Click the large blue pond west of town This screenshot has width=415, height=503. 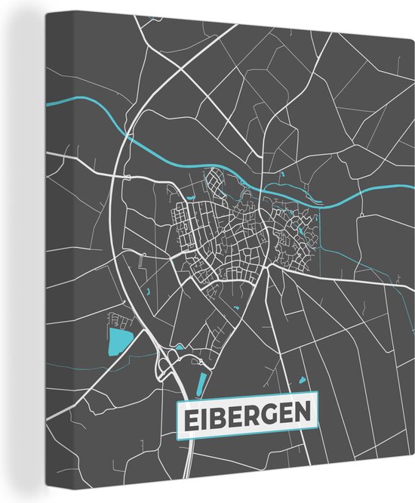118,341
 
